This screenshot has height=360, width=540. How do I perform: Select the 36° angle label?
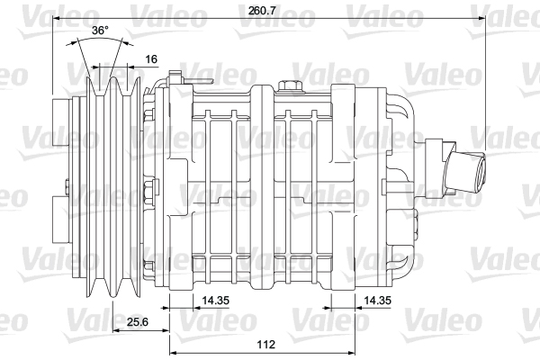pyautogui.click(x=100, y=31)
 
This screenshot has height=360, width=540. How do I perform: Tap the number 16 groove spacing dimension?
pyautogui.click(x=150, y=58)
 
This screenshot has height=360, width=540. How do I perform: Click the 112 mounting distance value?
pyautogui.click(x=265, y=345)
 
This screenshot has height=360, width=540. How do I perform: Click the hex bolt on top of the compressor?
pyautogui.click(x=289, y=86)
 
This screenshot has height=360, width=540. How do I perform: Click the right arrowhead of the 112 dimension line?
pyautogui.click(x=354, y=329)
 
